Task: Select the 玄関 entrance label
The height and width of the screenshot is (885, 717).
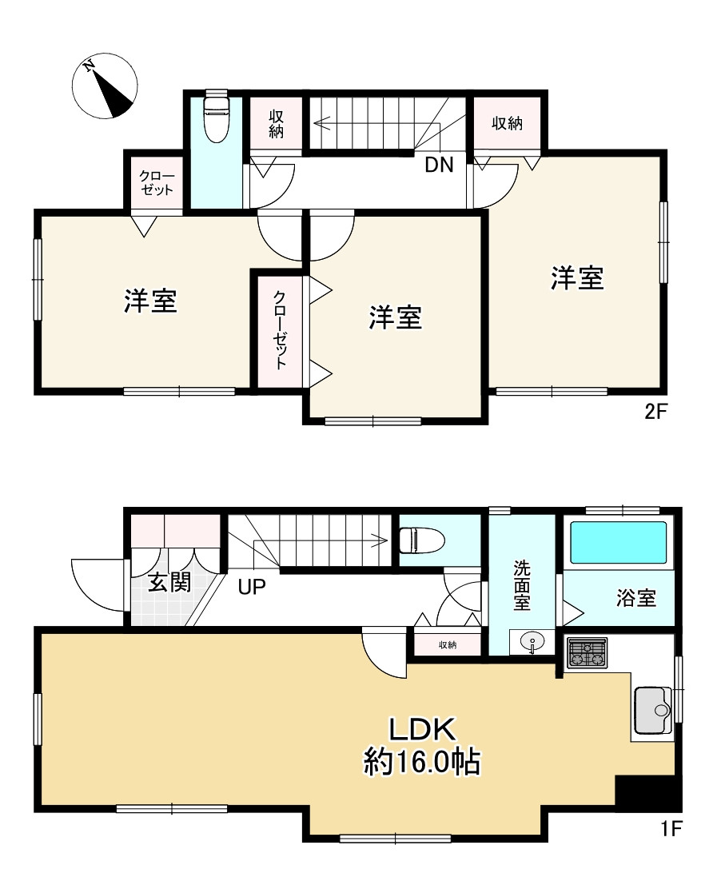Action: tap(169, 583)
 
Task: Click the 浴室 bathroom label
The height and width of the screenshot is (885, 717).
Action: tap(636, 597)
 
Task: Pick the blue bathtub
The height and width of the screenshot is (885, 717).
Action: tap(615, 544)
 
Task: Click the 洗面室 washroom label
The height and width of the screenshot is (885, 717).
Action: tap(521, 585)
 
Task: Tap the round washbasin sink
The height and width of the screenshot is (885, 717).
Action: tap(530, 641)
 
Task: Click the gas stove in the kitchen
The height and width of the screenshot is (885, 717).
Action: tap(587, 652)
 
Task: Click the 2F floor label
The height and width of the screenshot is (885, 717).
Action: tap(655, 413)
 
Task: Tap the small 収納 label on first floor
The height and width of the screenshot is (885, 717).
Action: tap(447, 644)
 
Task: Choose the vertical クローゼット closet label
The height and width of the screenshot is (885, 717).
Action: tap(280, 330)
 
